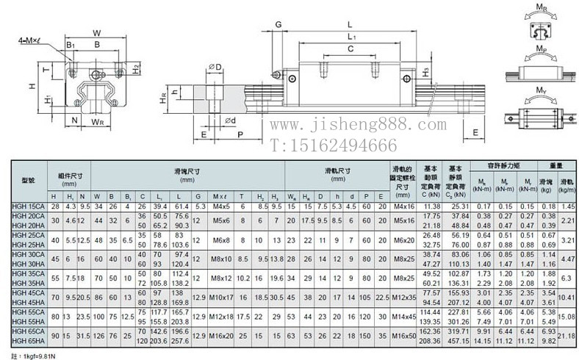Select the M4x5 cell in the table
point(220,208)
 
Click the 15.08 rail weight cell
point(567,317)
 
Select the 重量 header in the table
point(555,165)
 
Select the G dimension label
point(279,25)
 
